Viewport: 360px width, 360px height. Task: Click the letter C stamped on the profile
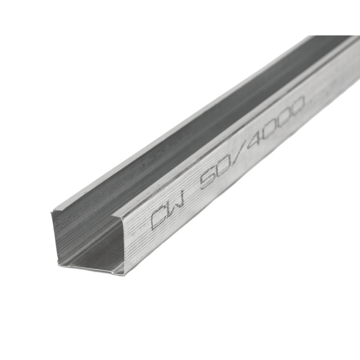coord(158,220)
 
